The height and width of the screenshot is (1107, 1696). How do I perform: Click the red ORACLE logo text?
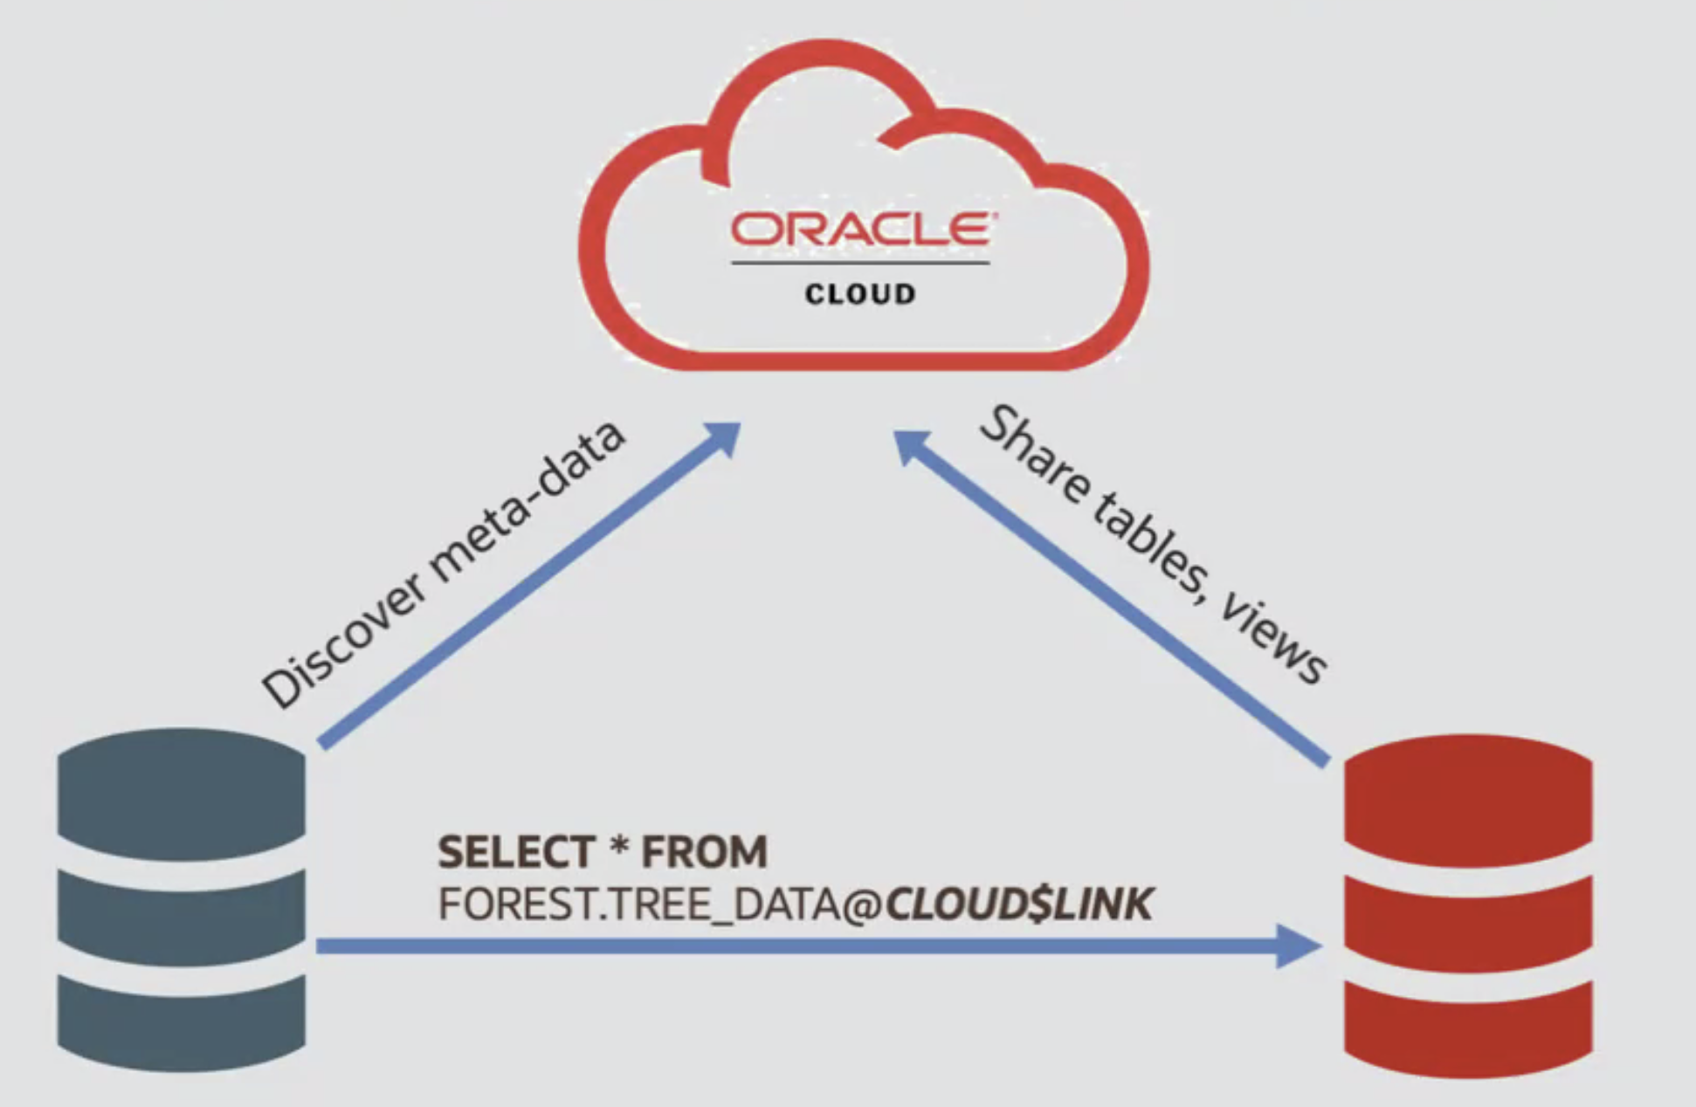[x=860, y=230]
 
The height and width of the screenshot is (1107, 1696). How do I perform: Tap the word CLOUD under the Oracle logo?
[x=860, y=294]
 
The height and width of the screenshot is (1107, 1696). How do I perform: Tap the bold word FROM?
[x=704, y=852]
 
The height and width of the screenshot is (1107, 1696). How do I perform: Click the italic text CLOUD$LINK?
[x=1018, y=904]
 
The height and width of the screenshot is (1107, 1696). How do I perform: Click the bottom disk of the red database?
[x=1468, y=1026]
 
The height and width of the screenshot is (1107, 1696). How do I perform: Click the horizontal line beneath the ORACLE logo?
[x=860, y=263]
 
